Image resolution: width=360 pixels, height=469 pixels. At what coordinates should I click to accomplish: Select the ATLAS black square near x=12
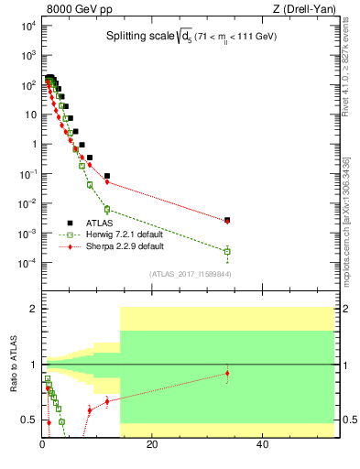107,176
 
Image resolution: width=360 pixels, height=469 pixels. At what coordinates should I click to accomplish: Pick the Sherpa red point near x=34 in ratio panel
227,373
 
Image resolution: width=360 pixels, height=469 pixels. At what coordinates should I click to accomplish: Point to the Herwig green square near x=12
107,209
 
